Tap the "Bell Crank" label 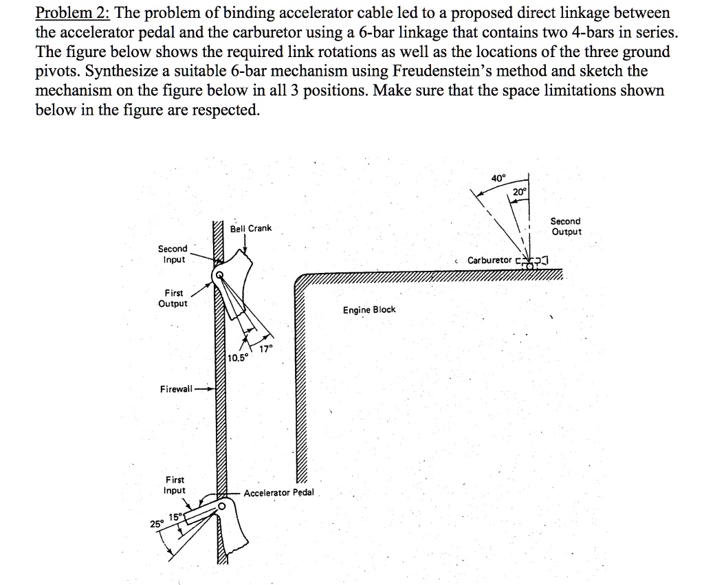click(x=251, y=228)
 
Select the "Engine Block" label click(x=369, y=310)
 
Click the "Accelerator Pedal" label click(x=278, y=493)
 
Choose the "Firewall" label click(x=175, y=390)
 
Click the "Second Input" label click(x=173, y=254)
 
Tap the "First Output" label click(x=173, y=298)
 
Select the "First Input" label click(x=175, y=485)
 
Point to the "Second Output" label click(x=566, y=226)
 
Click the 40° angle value click(x=498, y=178)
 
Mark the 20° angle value click(x=520, y=192)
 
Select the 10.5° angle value click(x=237, y=358)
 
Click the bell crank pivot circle click(x=219, y=275)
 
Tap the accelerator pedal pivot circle click(x=221, y=505)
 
